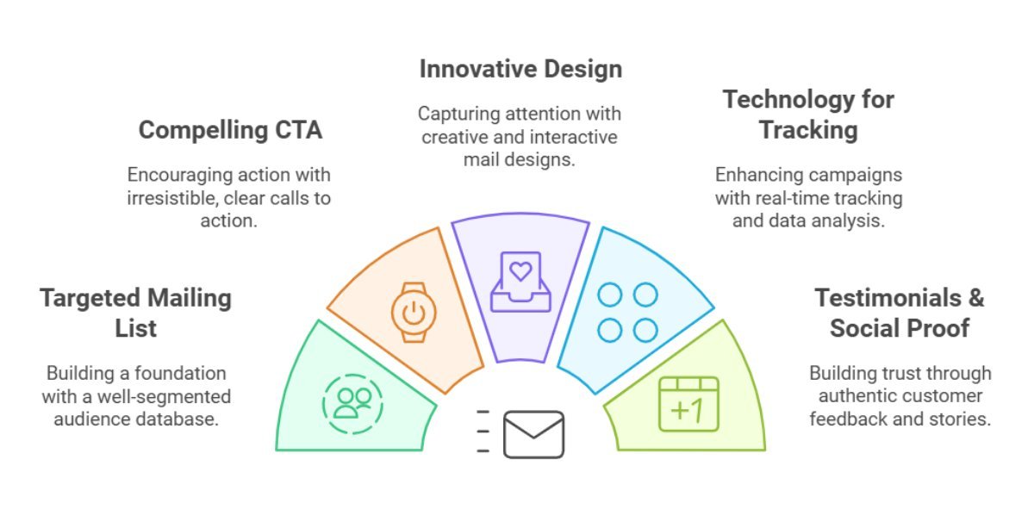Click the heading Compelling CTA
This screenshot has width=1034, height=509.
pos(230,130)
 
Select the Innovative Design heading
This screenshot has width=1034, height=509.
pos(520,69)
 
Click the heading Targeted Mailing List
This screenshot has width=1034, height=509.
pos(136,313)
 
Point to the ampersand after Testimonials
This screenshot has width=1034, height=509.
pos(976,298)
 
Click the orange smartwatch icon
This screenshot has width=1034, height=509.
pos(414,313)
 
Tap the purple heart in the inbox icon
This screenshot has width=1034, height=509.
pos(520,271)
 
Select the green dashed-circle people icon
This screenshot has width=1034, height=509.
pos(352,404)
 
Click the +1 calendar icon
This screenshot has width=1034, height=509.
pos(688,404)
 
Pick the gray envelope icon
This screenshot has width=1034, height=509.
pos(533,434)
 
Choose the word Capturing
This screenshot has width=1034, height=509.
pos(458,115)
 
